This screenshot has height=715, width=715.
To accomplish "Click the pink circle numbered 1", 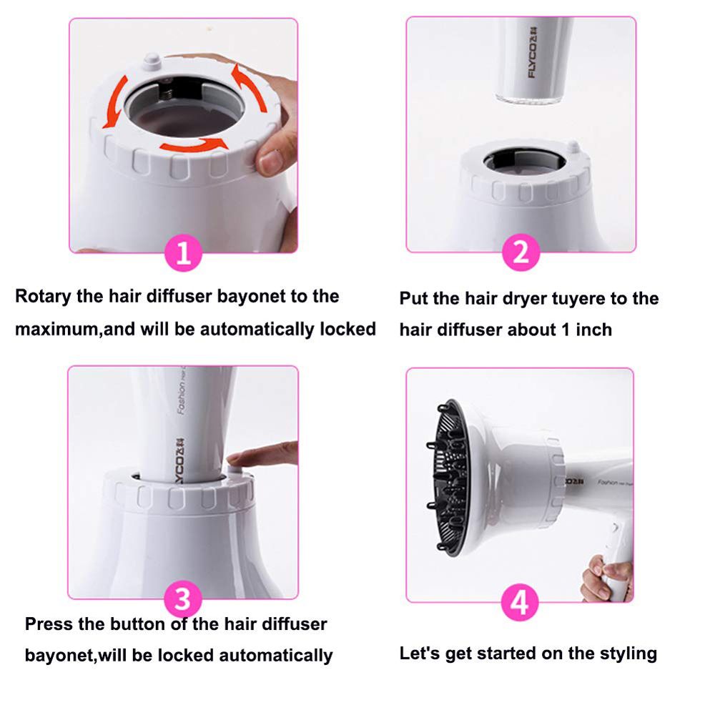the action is tap(183, 252).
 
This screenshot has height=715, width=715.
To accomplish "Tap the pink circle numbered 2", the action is tap(521, 252).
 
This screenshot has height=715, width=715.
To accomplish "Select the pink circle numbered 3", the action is tap(183, 599).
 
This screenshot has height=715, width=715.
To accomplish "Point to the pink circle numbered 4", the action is tap(520, 602).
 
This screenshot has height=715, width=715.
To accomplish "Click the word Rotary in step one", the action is tap(44, 297).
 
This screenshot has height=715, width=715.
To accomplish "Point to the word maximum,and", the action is tap(75, 329).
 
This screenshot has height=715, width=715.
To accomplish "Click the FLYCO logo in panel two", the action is tap(532, 53).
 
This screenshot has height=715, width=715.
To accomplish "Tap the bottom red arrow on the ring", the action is tap(194, 144).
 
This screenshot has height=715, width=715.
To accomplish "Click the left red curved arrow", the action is tap(114, 102).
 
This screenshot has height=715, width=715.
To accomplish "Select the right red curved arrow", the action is tap(249, 87).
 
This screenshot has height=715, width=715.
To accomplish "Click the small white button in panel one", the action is tap(152, 61).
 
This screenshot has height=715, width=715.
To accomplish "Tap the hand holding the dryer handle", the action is tap(607, 578).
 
